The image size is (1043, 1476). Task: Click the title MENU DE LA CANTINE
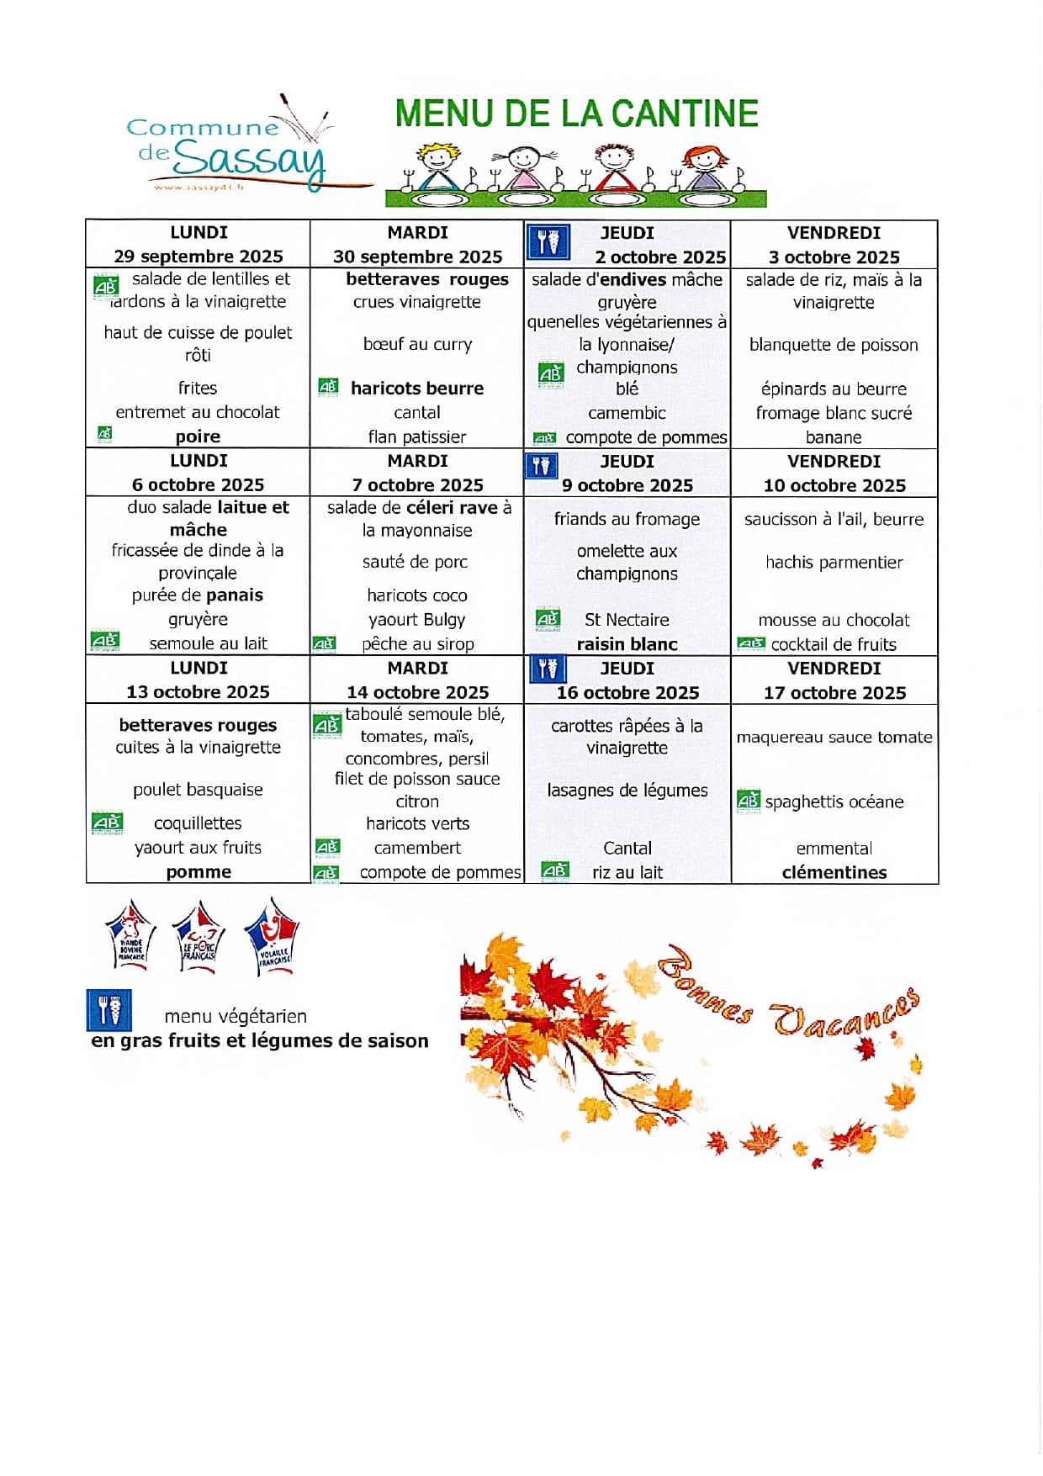(x=576, y=114)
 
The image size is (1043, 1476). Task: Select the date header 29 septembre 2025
(x=199, y=256)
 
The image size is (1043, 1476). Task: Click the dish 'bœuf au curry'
(x=417, y=344)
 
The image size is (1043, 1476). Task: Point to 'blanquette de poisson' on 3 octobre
(x=834, y=345)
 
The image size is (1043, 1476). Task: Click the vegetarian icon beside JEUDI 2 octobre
(x=548, y=242)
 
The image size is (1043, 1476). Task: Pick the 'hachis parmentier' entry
(x=834, y=562)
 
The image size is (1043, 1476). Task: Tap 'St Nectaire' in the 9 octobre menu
(x=627, y=620)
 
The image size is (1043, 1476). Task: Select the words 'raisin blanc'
(x=627, y=644)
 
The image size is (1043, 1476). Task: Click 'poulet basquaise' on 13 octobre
(x=198, y=790)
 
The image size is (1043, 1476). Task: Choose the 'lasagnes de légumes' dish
(x=627, y=791)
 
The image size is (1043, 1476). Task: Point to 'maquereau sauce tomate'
(x=834, y=738)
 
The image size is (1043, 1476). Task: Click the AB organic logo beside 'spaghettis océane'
(x=748, y=800)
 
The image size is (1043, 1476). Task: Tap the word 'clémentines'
(x=834, y=872)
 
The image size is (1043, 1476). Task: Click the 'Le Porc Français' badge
(x=199, y=937)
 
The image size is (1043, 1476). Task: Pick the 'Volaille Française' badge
(x=272, y=937)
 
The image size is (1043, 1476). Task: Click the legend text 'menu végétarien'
(x=236, y=1016)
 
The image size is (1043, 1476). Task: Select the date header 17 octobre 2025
(x=834, y=692)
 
